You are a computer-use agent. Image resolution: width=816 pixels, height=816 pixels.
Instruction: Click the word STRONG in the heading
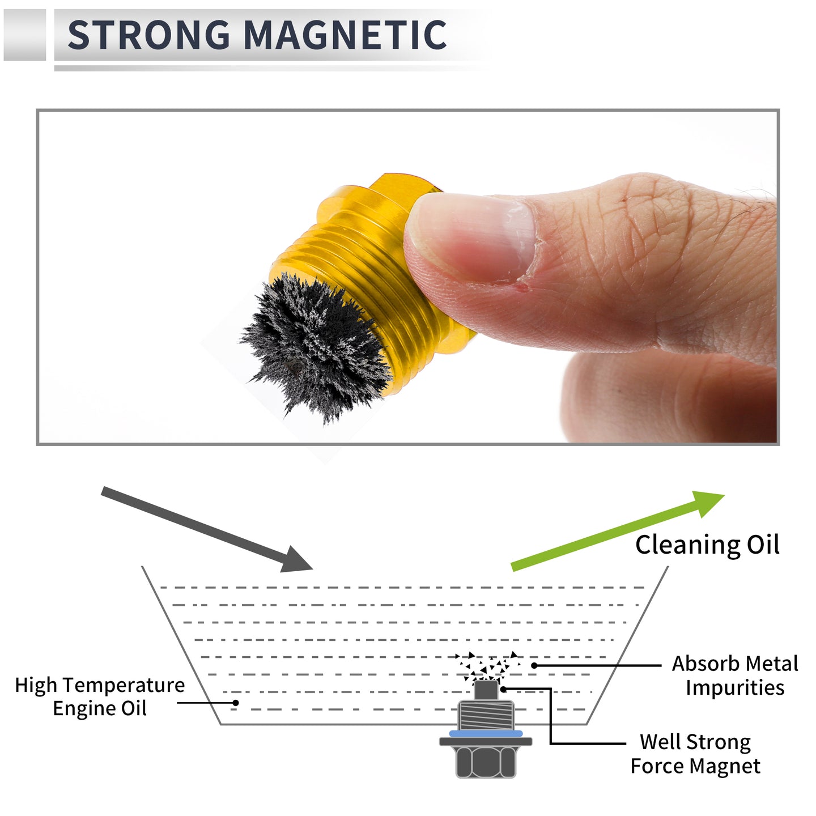148,35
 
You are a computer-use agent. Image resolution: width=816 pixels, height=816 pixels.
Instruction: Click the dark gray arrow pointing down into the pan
207,529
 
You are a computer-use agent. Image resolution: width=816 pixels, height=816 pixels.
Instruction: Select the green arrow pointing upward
618,531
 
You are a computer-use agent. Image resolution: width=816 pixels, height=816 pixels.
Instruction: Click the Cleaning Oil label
707,545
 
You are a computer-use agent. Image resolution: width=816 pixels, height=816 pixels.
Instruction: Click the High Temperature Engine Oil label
100,696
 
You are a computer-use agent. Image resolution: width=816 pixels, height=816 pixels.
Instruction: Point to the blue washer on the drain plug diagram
485,733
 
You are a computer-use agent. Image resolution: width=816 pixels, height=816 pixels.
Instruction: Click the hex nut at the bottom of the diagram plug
486,762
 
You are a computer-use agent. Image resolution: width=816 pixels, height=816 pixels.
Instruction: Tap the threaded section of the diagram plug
486,715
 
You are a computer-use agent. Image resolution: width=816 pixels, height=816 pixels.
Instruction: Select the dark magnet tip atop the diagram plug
486,690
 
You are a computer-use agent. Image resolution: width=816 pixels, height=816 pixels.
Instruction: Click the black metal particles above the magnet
487,666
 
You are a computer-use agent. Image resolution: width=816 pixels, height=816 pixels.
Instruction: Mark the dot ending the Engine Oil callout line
235,703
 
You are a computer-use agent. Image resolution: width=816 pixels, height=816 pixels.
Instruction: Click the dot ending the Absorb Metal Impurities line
534,665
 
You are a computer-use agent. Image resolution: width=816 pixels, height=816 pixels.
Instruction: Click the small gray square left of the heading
24,35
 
